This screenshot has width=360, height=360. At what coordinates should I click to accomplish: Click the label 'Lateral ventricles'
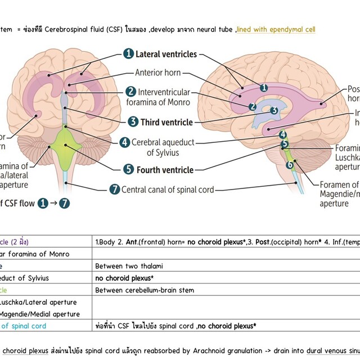coord(166,54)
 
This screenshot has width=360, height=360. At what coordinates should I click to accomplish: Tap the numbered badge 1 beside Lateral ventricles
coord(128,54)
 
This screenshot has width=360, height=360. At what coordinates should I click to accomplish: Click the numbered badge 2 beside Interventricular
coord(130,91)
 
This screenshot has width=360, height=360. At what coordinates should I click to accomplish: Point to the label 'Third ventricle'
coord(166,121)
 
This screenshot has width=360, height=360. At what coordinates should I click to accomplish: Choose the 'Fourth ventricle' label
coord(166,169)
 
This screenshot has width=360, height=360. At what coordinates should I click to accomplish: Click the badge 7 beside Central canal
coord(115,190)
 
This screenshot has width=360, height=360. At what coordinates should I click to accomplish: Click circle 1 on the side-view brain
coord(263,87)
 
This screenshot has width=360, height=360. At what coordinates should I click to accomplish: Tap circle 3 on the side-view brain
coord(273,110)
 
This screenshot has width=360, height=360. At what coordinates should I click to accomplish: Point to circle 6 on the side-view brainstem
coord(290,165)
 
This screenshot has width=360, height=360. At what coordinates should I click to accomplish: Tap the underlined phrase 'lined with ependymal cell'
coord(276,29)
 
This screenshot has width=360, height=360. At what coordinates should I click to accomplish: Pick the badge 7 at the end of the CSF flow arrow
coord(65,204)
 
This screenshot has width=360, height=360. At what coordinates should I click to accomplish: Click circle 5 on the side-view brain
coord(285,144)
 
